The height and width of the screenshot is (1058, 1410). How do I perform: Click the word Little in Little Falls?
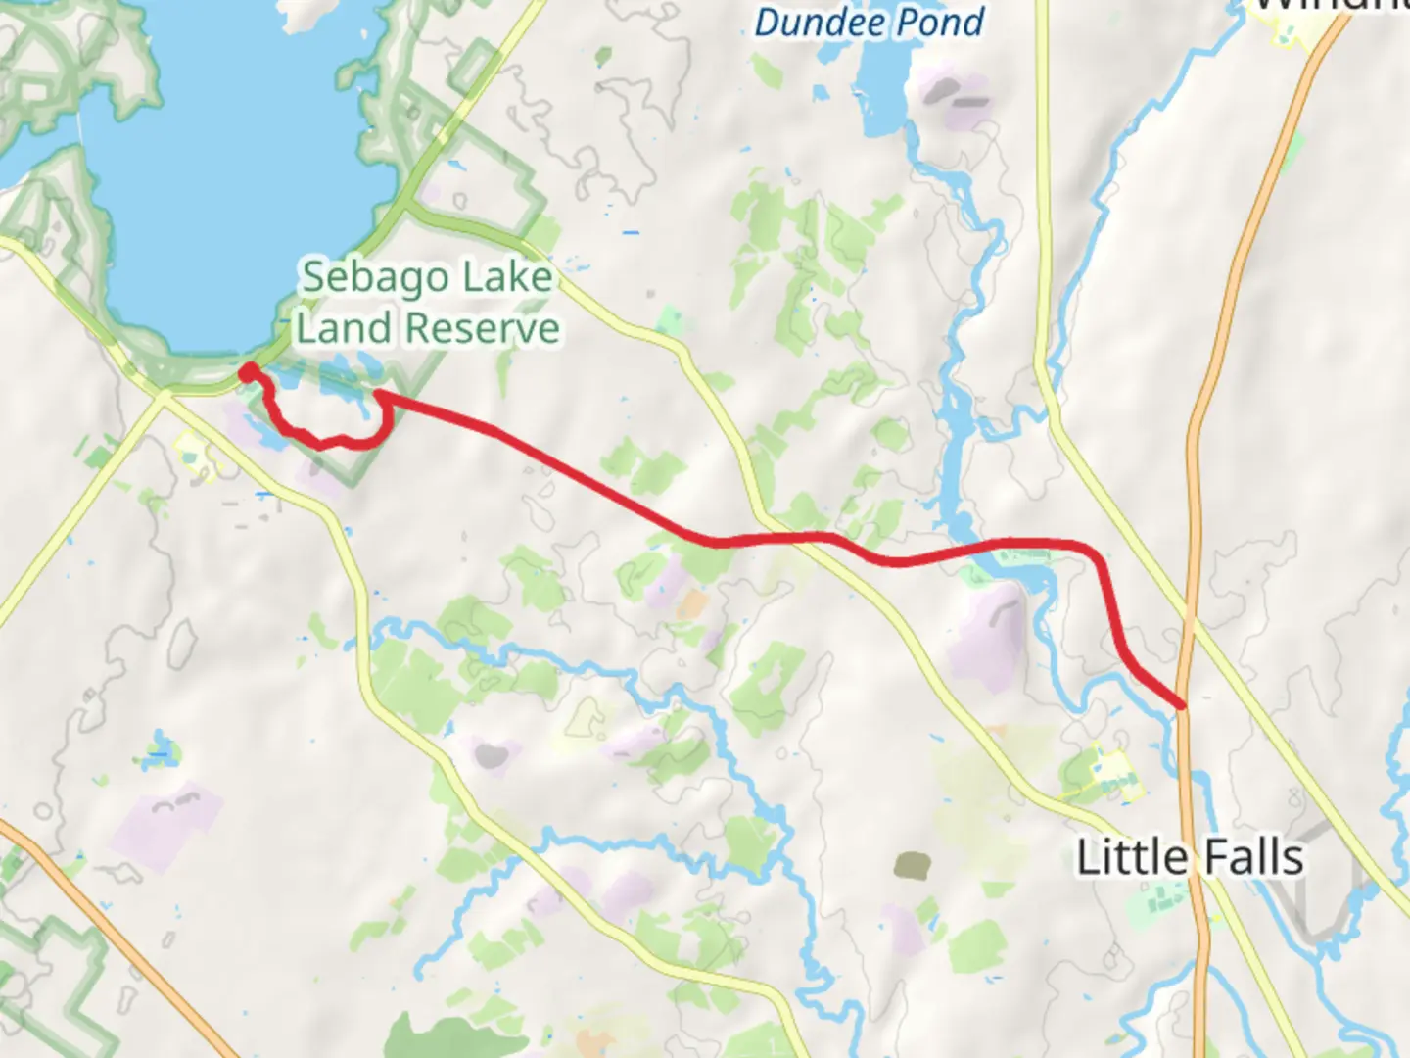[x=1131, y=858]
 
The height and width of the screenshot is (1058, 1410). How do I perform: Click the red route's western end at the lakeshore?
[x=249, y=370]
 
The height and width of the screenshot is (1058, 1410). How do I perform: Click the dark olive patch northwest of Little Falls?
[x=913, y=865]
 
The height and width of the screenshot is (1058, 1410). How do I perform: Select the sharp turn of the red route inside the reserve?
[x=378, y=395]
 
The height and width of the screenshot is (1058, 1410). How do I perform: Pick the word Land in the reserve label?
[x=330, y=329]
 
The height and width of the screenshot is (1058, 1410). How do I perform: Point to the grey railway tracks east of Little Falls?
[x=1317, y=882]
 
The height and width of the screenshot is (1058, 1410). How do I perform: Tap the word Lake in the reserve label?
[x=507, y=278]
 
